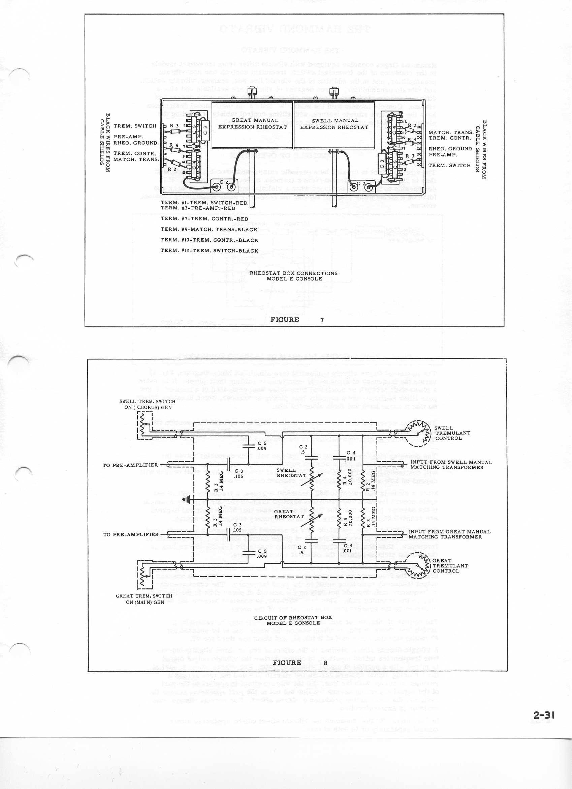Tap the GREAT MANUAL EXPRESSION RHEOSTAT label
tap(253, 124)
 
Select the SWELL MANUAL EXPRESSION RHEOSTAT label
tap(334, 124)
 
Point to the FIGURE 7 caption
tap(297, 320)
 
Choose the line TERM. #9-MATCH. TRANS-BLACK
tap(209, 230)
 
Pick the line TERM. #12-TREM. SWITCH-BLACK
tap(209, 251)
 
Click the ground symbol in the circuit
tap(188, 501)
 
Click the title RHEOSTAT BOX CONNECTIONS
tap(294, 273)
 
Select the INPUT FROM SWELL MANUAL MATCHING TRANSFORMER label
tap(451, 465)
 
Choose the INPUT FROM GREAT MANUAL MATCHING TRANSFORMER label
tap(449, 534)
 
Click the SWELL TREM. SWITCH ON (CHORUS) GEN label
tap(147, 404)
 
